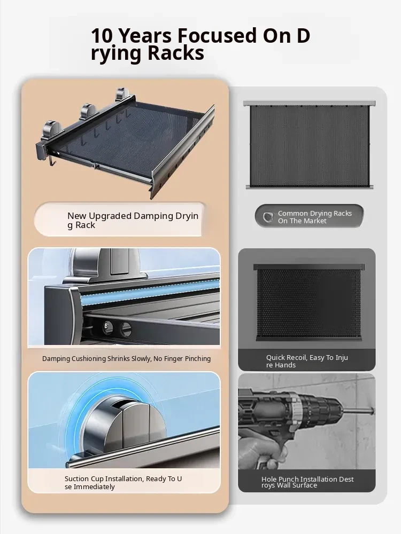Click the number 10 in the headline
101,36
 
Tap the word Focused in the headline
217,36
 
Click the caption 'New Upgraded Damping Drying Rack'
133,221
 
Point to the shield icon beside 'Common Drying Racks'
268,217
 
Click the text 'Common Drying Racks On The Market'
314,217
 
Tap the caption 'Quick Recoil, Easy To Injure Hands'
307,361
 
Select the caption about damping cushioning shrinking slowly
127,359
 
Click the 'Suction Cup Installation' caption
123,483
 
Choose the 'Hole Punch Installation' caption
307,482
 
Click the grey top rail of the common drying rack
309,103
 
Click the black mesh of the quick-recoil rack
309,304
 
